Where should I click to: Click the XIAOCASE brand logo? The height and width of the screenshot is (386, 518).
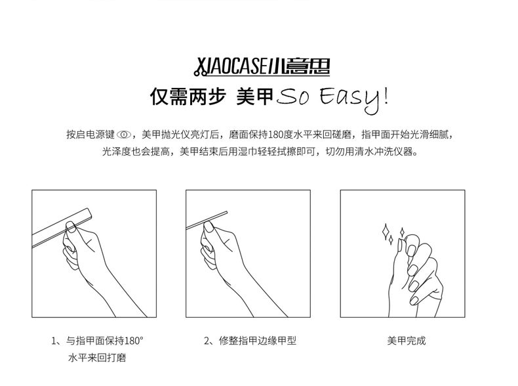pos(262,67)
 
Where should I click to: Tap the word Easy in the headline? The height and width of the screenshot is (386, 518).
pos(349,98)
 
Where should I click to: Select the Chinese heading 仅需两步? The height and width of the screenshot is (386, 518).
pos(188,96)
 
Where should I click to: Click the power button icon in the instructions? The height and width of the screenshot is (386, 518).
pos(124,135)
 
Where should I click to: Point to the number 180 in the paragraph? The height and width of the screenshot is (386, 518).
pos(275,135)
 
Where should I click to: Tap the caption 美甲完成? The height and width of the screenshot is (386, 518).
pos(407,340)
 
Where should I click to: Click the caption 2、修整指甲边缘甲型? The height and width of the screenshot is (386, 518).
pos(250,340)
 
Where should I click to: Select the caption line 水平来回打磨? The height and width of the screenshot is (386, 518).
pos(97,358)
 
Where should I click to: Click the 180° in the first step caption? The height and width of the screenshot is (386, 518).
pos(134,340)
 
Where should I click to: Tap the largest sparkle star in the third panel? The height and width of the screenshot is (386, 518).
pos(385,232)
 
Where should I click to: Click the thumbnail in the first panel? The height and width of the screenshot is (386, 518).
pos(71,227)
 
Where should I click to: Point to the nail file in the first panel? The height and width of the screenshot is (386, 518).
pos(62,228)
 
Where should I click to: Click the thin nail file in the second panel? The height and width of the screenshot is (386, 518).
pos(207,220)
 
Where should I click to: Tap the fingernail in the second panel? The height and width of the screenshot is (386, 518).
pos(209,227)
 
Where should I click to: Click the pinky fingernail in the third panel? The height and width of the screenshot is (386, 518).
pos(414,301)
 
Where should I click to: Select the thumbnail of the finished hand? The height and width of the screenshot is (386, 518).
pos(401,246)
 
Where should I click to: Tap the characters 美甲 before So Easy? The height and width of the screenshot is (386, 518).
pos(255,96)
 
